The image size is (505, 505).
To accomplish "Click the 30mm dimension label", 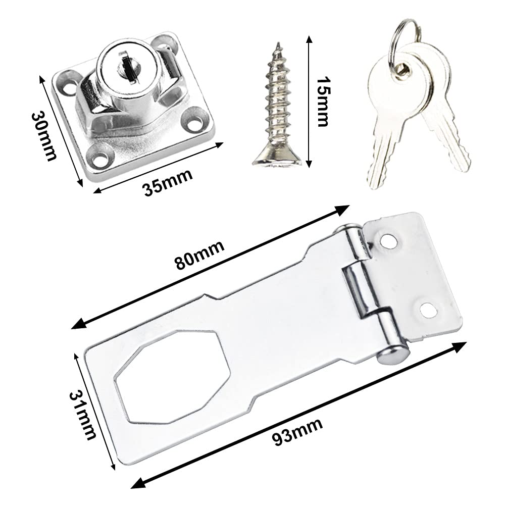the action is point(44,135).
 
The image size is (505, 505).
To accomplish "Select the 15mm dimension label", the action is point(322,102).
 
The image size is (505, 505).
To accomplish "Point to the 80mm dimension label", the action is point(199,255).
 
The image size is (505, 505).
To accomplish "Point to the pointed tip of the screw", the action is point(277,43).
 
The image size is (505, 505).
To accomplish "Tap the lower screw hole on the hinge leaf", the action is point(429,309).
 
